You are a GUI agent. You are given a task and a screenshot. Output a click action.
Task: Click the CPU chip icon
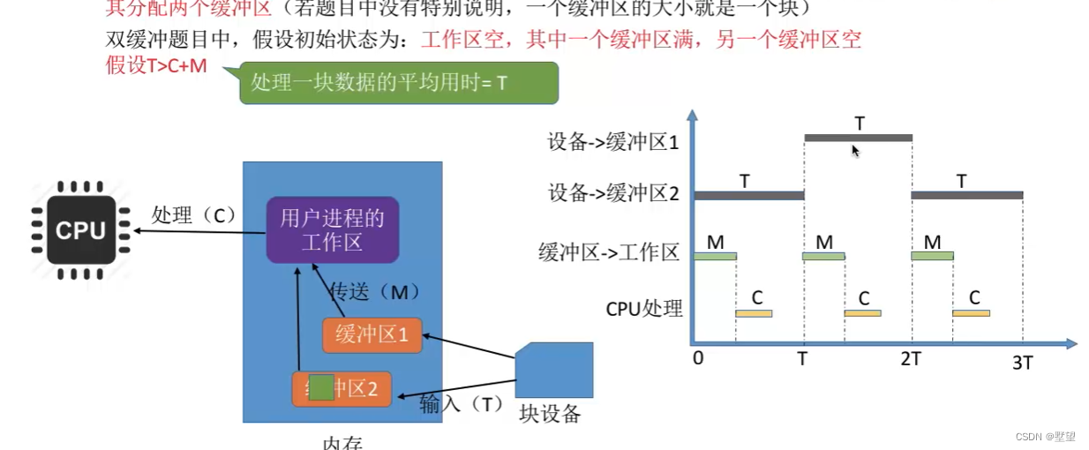tap(81, 230)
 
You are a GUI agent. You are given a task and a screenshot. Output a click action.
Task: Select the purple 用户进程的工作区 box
tap(333, 229)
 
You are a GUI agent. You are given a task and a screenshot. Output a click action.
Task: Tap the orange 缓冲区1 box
tap(372, 335)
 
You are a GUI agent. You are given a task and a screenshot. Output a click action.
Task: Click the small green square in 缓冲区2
tap(321, 387)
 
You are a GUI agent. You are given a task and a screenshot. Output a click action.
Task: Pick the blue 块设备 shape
tap(553, 370)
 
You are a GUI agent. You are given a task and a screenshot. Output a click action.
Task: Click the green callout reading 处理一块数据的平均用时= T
tap(399, 83)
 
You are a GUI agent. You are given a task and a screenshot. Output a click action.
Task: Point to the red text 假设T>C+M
tap(157, 66)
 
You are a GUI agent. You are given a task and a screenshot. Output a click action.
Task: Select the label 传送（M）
tap(373, 292)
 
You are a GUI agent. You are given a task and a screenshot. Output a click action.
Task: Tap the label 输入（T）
tap(461, 403)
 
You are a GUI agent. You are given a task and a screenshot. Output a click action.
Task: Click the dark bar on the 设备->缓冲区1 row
tap(858, 138)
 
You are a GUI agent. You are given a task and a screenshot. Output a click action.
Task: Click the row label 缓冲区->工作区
tap(609, 252)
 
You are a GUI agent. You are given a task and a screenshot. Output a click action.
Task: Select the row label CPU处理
tap(644, 309)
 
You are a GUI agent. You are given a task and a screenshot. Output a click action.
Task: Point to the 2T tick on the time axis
tap(912, 358)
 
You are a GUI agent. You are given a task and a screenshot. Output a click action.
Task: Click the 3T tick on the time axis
tap(1022, 362)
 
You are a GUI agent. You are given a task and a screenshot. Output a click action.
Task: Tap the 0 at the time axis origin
tap(698, 358)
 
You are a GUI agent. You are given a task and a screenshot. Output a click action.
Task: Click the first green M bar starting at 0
tap(715, 256)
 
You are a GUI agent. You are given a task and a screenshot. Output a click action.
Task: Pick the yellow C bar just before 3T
tap(972, 313)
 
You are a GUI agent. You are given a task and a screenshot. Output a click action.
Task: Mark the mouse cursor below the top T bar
tap(854, 151)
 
